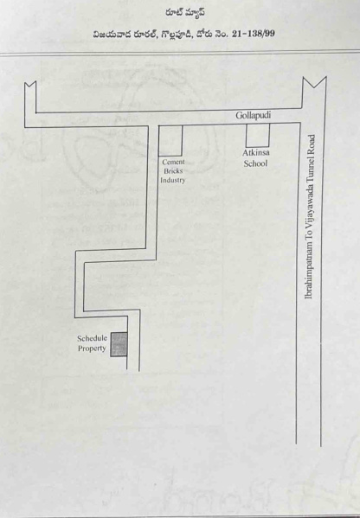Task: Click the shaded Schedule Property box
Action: tap(119, 344)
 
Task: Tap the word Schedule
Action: tap(93, 338)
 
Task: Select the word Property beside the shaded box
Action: tap(92, 349)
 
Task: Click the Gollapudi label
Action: tap(254, 116)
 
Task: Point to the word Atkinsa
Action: tap(256, 153)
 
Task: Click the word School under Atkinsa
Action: tap(255, 163)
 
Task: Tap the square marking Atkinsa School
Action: tap(258, 135)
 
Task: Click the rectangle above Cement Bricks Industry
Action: tap(170, 141)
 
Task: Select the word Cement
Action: tap(174, 163)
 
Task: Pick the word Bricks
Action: tap(173, 171)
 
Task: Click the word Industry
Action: tap(173, 181)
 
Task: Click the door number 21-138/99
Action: tap(254, 34)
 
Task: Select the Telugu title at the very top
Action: tap(185, 13)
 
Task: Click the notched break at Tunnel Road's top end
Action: tap(314, 82)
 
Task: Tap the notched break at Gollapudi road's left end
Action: tap(30, 85)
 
